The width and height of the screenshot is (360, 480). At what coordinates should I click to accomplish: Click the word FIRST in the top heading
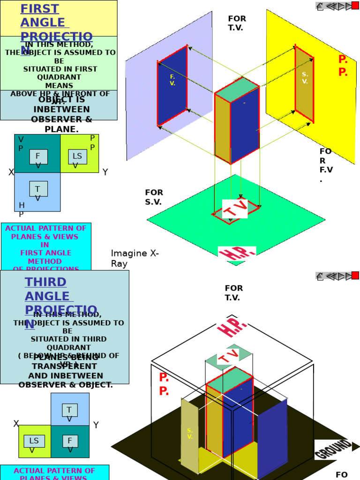pyautogui.click(x=40, y=9)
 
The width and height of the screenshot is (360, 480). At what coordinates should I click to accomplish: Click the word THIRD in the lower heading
pyautogui.click(x=45, y=282)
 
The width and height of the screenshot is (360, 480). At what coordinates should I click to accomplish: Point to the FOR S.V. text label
pyautogui.click(x=154, y=197)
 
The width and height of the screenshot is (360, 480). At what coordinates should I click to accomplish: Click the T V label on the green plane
pyautogui.click(x=235, y=209)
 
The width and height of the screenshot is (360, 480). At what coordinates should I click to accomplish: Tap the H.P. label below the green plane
pyautogui.click(x=237, y=254)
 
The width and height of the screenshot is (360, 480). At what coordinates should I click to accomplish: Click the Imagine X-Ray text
pyautogui.click(x=135, y=258)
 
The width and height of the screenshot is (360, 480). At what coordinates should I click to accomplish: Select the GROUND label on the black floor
pyautogui.click(x=333, y=449)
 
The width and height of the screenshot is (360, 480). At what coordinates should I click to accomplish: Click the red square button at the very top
pyautogui.click(x=355, y=6)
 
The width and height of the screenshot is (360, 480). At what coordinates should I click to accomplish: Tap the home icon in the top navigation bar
pyautogui.click(x=320, y=6)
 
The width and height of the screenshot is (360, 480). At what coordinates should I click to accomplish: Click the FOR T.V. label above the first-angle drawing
pyautogui.click(x=237, y=23)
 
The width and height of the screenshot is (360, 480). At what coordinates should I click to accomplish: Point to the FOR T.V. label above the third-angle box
pyautogui.click(x=233, y=292)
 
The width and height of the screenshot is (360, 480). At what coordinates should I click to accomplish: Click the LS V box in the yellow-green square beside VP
pyautogui.click(x=77, y=157)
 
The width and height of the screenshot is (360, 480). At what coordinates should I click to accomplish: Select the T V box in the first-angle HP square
pyautogui.click(x=38, y=190)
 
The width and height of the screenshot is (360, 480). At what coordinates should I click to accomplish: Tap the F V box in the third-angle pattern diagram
pyautogui.click(x=70, y=442)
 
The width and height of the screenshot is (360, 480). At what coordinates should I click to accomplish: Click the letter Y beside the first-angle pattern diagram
pyautogui.click(x=105, y=172)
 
